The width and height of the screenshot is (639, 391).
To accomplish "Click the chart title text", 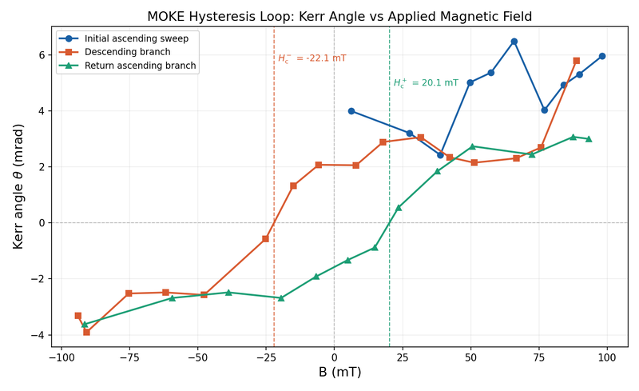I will pyautogui.click(x=339, y=17).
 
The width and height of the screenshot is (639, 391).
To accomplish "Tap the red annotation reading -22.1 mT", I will pyautogui.click(x=312, y=58).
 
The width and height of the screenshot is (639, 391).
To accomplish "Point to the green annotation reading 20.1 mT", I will pyautogui.click(x=426, y=82).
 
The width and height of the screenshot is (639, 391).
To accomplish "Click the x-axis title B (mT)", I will pyautogui.click(x=339, y=373).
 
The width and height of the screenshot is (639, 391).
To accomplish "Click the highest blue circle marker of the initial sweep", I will pyautogui.click(x=514, y=42).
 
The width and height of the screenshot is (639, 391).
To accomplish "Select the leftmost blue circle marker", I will pyautogui.click(x=351, y=111).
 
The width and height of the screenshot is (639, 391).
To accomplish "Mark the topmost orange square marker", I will pyautogui.click(x=576, y=61).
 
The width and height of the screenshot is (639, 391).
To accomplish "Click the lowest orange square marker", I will pyautogui.click(x=86, y=332).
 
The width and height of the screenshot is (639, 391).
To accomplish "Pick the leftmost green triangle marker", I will pyautogui.click(x=85, y=324).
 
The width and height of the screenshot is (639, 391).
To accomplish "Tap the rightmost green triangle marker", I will pyautogui.click(x=589, y=139).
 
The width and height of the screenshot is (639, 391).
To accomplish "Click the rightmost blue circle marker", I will pyautogui.click(x=601, y=56).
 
